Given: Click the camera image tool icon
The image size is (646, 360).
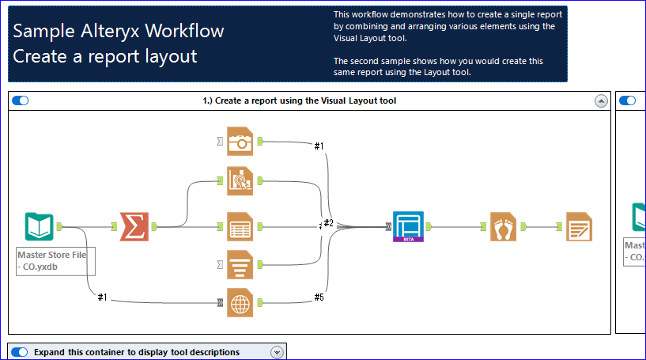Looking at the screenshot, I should [240, 142].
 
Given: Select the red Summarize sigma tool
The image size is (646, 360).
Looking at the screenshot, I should [134, 227].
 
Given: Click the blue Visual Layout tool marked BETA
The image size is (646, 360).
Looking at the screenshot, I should [409, 226].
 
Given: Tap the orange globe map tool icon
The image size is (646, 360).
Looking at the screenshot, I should [240, 302].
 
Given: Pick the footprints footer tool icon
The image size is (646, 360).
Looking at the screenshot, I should [503, 227].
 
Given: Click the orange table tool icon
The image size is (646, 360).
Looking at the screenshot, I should [240, 227].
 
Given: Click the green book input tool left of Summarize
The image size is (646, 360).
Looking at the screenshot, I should [39, 227].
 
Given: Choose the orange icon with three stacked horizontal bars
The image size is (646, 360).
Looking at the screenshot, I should [240, 264].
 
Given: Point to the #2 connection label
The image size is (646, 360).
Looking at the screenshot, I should [328, 223].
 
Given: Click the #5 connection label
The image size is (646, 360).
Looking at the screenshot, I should [319, 297].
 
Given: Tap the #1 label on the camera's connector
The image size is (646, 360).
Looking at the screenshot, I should [319, 146].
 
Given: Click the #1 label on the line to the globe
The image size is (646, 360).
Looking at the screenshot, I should [102, 297].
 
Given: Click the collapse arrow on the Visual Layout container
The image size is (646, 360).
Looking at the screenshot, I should [601, 100].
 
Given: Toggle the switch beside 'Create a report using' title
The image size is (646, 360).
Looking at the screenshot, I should [21, 100].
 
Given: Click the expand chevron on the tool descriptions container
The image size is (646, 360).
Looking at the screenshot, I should [277, 352].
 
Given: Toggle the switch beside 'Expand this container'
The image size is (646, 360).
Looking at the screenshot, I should [21, 352].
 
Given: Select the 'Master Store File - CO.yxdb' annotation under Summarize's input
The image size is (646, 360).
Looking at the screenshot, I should [56, 260].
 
